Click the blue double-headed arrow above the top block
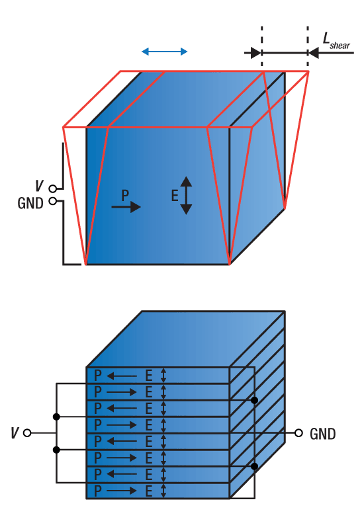[164, 52]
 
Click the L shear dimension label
[336, 41]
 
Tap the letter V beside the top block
[40, 186]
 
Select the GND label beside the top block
[30, 203]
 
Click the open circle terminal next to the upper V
[53, 188]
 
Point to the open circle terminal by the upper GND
[53, 201]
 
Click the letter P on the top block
[125, 195]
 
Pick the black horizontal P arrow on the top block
[126, 207]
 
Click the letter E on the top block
[175, 195]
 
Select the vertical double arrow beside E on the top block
[186, 195]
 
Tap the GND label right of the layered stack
[323, 434]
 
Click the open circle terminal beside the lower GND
[298, 433]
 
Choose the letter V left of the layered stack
[15, 433]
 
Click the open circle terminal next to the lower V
[27, 433]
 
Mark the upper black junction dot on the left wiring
[56, 417]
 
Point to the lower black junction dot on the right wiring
[255, 466]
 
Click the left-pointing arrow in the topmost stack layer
[122, 376]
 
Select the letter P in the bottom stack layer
[97, 491]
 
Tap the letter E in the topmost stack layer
[148, 376]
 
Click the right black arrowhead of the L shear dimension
[314, 53]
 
